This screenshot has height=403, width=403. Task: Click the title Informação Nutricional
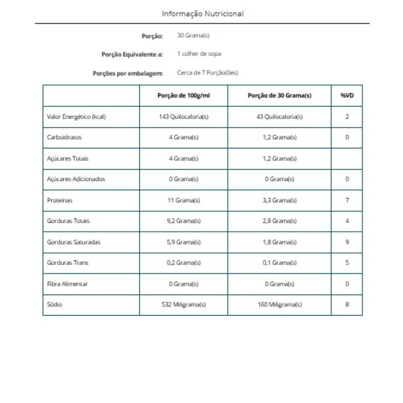203,14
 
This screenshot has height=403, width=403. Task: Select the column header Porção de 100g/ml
183,96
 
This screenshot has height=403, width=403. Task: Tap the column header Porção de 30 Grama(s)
279,96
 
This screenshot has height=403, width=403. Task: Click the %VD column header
347,96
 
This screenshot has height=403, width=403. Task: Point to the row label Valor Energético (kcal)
76,116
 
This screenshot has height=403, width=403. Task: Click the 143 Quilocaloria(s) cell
183,116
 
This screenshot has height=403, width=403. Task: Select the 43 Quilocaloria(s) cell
279,116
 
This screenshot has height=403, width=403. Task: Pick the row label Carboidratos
64,137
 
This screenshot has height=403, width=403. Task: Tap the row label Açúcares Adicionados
76,179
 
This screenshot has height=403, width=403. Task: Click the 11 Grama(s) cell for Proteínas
183,200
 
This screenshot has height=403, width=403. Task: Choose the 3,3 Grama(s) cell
279,200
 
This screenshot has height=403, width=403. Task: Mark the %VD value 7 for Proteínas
347,200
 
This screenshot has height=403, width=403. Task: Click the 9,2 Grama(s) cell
183,221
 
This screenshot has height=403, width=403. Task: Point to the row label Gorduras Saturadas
74,242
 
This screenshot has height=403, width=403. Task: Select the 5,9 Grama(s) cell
183,242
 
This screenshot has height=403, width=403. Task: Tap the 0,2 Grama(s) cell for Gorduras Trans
183,262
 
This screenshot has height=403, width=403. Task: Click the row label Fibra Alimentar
68,284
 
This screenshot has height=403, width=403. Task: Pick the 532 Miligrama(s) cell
183,304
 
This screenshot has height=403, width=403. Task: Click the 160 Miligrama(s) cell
279,304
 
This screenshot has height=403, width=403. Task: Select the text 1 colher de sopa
199,53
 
